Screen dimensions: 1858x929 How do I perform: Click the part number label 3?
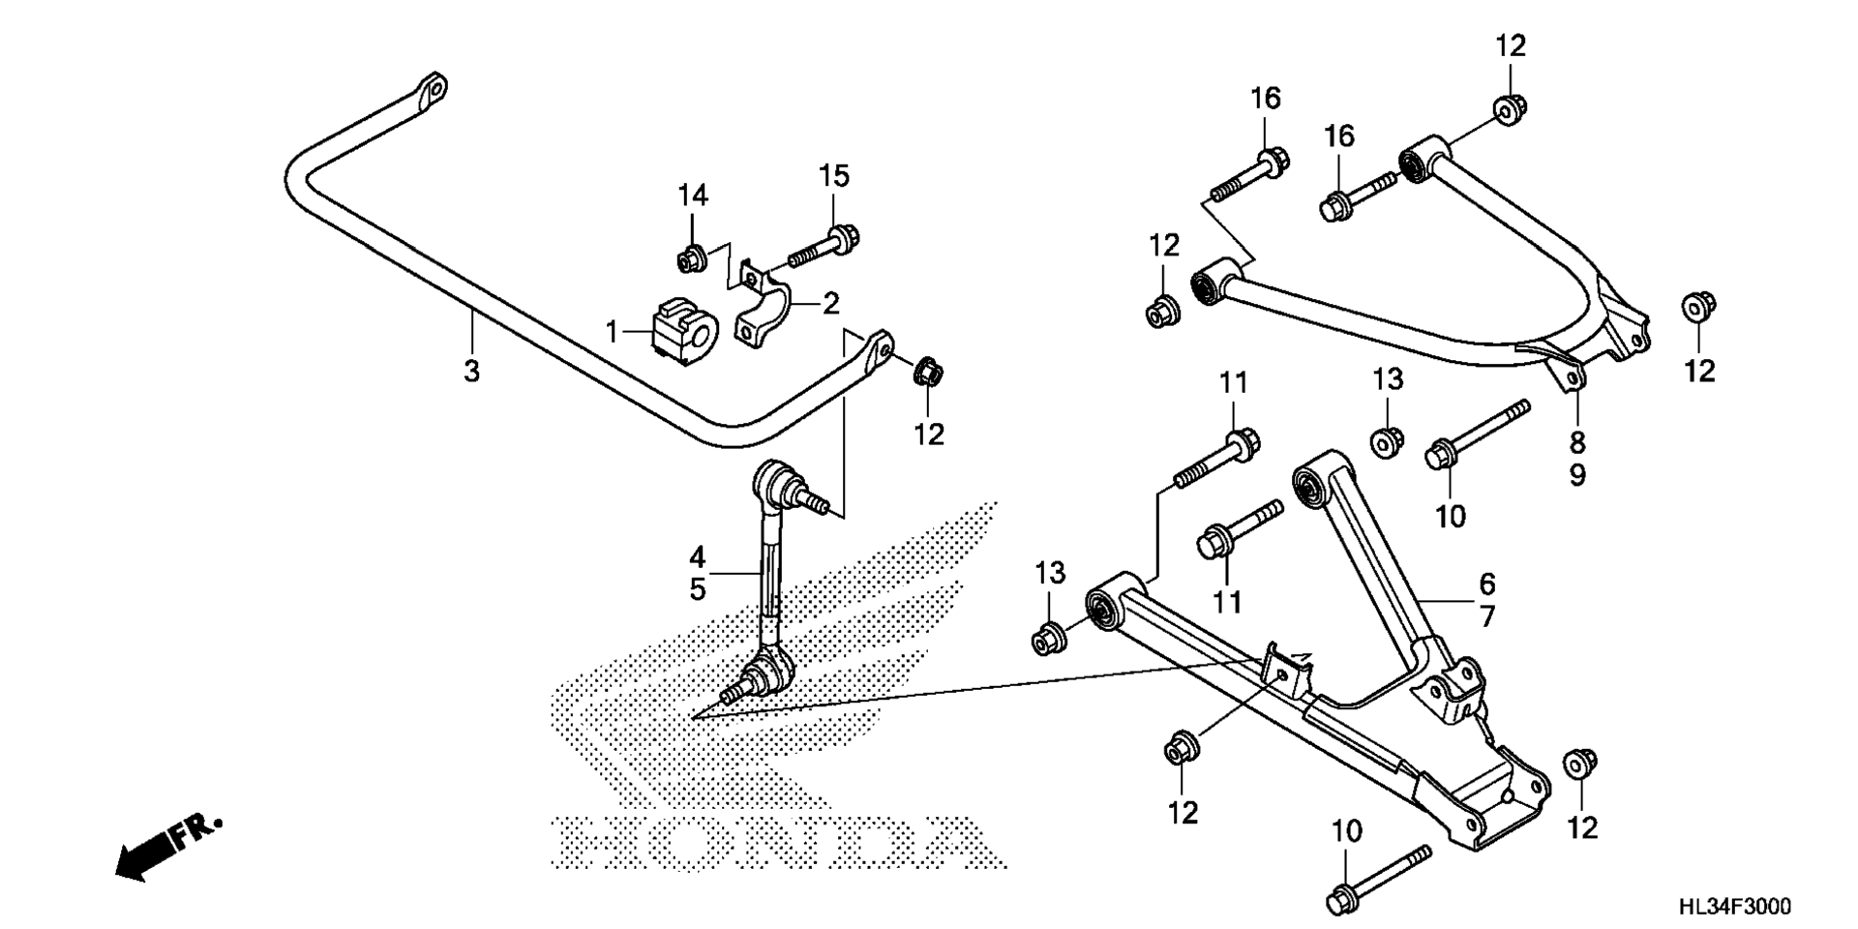click(471, 371)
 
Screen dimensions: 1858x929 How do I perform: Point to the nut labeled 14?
click(690, 259)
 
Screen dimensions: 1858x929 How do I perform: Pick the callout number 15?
click(833, 176)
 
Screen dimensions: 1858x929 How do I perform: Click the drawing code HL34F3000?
click(1734, 907)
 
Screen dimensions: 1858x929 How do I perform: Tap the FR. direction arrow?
click(167, 849)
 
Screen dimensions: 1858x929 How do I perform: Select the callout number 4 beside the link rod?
click(698, 557)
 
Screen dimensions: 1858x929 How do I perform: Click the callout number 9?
click(1577, 475)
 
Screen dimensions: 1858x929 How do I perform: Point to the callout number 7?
click(1487, 615)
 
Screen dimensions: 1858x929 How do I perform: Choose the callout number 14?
click(693, 195)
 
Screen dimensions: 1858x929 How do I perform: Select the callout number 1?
click(612, 333)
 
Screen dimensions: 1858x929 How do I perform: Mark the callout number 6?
click(1487, 584)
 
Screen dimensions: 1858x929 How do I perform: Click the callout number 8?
click(1577, 443)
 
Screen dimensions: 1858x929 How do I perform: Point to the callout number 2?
click(831, 304)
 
